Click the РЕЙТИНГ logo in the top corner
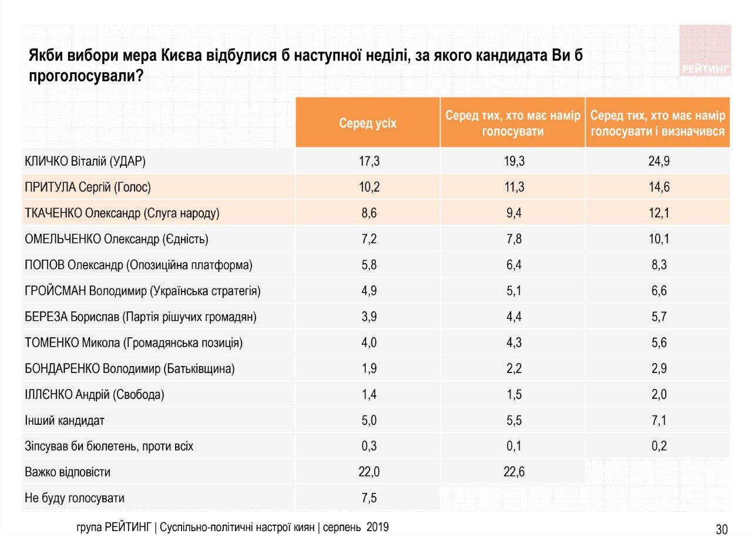point(705,52)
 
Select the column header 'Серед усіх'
point(367,123)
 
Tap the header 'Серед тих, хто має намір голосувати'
point(512,123)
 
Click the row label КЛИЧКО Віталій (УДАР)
point(85,162)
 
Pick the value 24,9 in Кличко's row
point(659,162)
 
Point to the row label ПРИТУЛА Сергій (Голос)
point(88,187)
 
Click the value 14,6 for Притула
point(659,187)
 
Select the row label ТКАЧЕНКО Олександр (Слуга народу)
point(122,213)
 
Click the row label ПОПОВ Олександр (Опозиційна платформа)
point(139,265)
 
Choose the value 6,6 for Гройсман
point(659,291)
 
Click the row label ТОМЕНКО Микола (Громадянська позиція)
point(133,343)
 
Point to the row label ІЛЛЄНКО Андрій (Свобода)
point(95,394)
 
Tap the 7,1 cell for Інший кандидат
point(659,420)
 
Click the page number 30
point(721,529)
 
